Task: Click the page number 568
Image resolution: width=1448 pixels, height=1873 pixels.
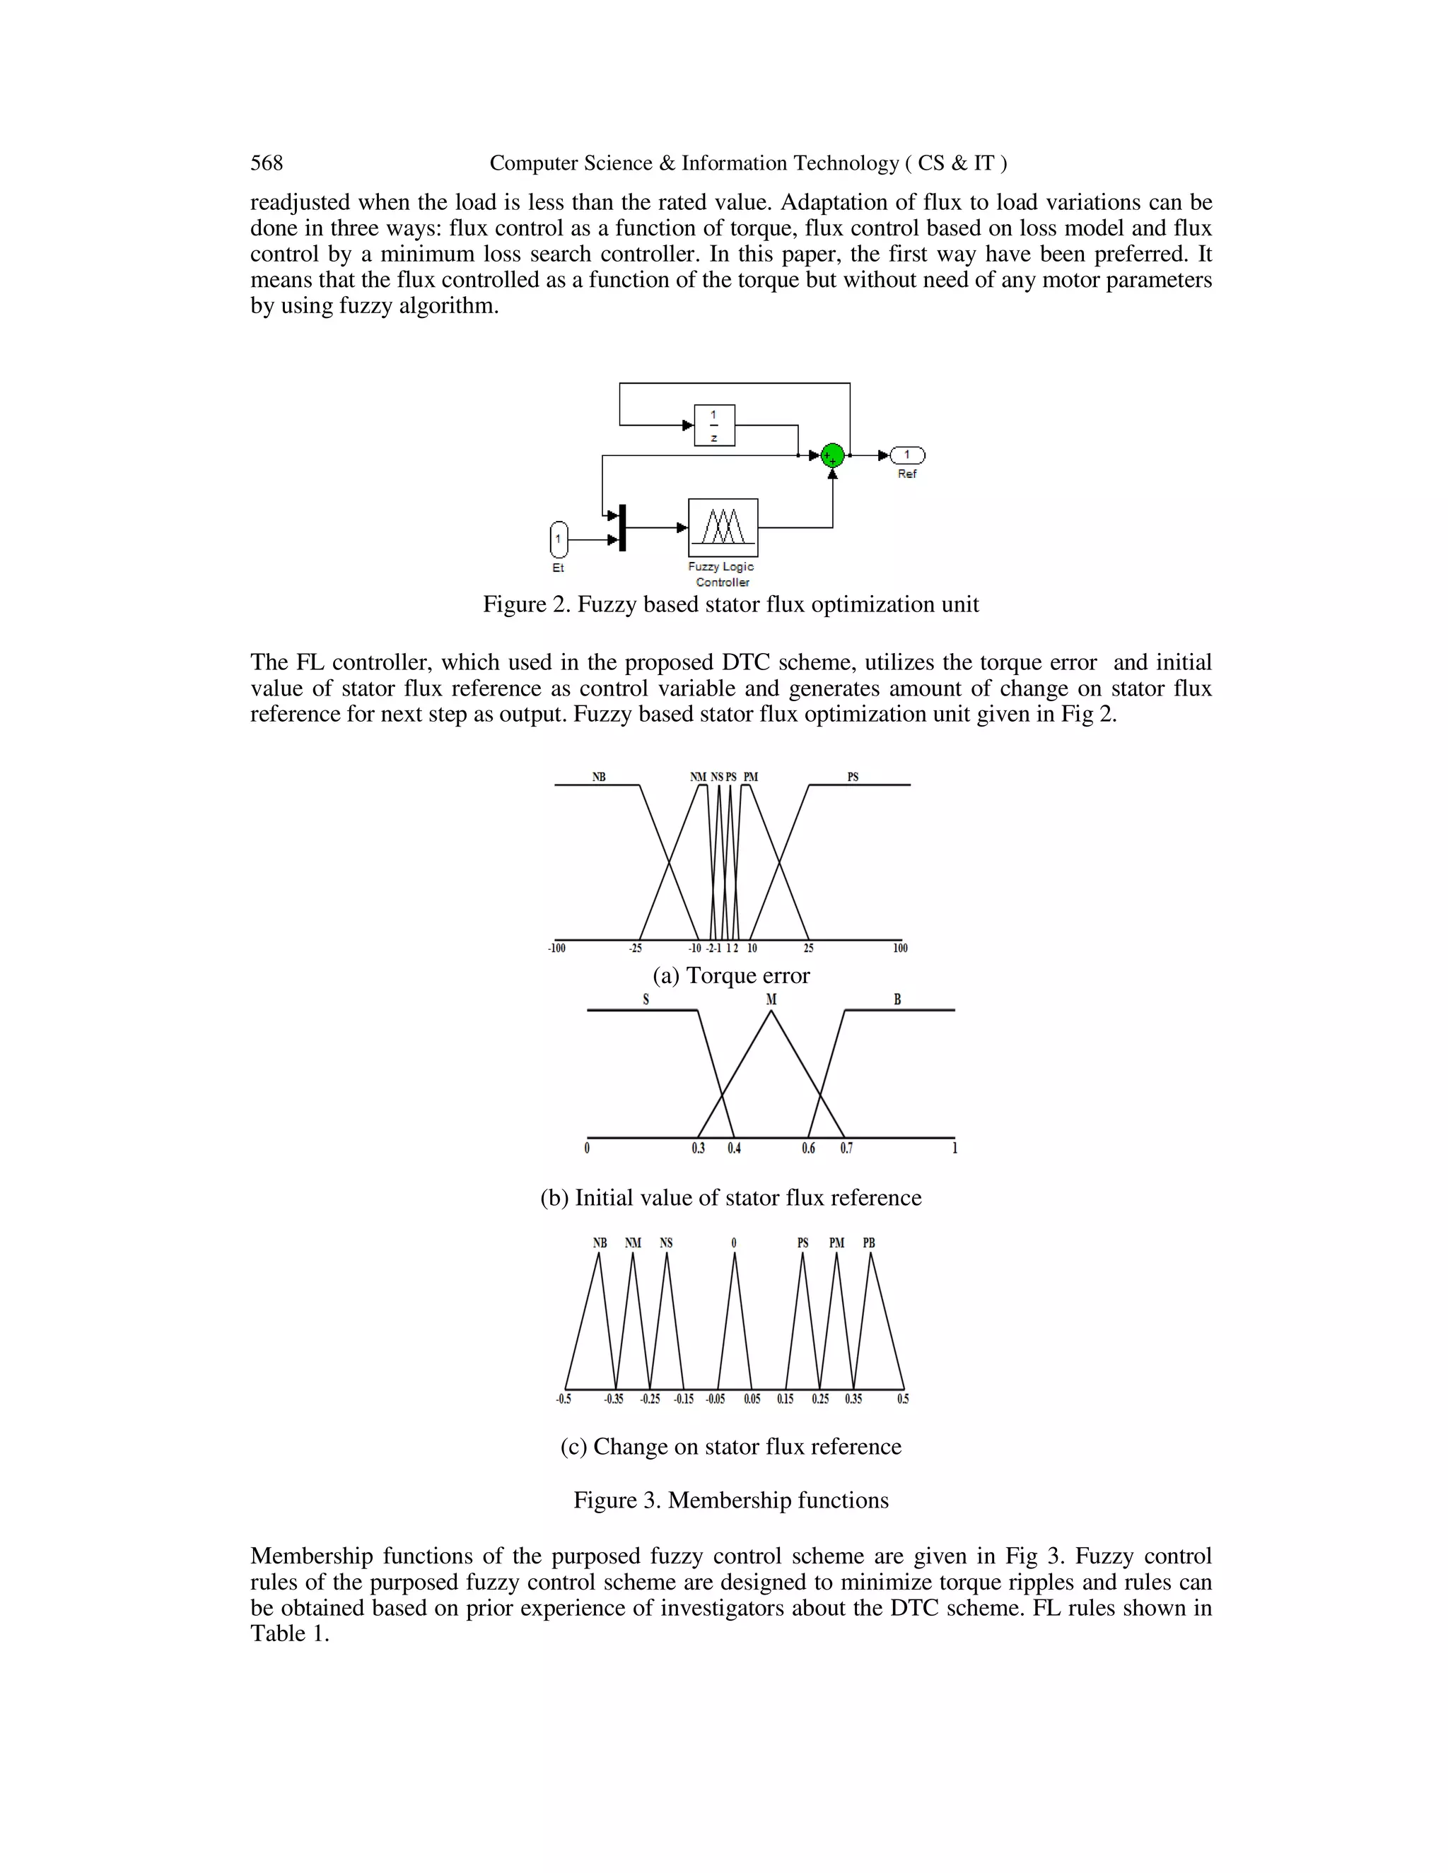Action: [x=267, y=163]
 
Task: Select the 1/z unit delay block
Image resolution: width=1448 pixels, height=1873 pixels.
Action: [x=713, y=425]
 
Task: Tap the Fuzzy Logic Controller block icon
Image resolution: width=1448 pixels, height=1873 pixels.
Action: [x=723, y=527]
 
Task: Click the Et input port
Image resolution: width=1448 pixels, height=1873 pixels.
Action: [x=559, y=539]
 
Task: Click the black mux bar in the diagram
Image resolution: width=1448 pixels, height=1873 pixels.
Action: [x=623, y=527]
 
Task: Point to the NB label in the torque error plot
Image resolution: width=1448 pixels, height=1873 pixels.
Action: [x=599, y=777]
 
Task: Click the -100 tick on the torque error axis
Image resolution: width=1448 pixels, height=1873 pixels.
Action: [x=556, y=948]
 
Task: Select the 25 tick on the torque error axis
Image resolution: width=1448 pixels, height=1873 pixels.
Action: [x=808, y=948]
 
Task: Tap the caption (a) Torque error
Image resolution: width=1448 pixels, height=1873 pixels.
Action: [x=731, y=976]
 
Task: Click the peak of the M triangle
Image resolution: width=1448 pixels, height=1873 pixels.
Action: [x=771, y=1012]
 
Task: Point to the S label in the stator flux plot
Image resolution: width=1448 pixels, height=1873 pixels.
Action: [x=646, y=1000]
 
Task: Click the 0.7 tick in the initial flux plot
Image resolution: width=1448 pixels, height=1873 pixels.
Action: [x=846, y=1149]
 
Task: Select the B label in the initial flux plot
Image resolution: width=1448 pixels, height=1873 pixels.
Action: [x=897, y=1000]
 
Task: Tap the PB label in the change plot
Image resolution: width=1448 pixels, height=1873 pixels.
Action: [x=869, y=1243]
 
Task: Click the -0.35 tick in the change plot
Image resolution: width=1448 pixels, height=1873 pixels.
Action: [x=613, y=1399]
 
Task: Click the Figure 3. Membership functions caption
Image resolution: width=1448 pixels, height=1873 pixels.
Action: [x=731, y=1500]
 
